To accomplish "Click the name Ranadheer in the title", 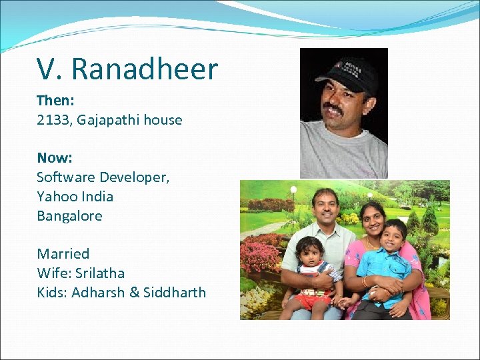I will (x=145, y=69).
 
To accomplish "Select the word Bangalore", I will (x=69, y=216).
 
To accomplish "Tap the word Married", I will (x=63, y=253).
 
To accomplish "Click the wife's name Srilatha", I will (x=99, y=273).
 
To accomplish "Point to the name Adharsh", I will (x=99, y=292).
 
